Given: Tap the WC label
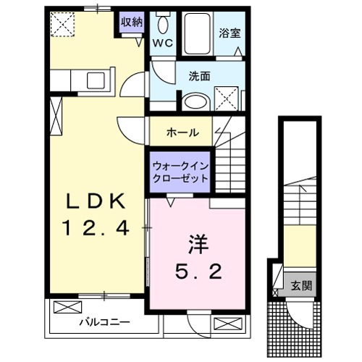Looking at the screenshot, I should click(x=161, y=43).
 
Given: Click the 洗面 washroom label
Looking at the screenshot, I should click(x=199, y=75).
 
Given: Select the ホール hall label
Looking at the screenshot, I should click(x=181, y=133).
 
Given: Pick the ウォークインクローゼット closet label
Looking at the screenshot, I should click(x=181, y=172).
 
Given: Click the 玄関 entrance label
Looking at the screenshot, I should click(x=303, y=285).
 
